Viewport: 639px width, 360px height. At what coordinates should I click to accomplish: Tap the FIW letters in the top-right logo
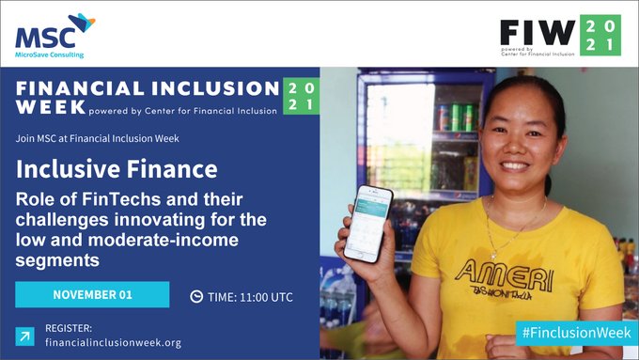click(x=537, y=33)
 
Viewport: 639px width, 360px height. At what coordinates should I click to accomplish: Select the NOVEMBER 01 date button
click(x=92, y=294)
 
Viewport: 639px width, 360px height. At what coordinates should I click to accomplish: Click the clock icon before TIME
click(x=196, y=296)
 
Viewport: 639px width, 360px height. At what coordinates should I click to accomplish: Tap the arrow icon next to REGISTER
click(x=24, y=335)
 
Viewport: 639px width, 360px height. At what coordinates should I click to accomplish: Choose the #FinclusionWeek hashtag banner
click(x=573, y=332)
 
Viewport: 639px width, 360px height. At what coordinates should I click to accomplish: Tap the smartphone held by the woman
click(x=367, y=224)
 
